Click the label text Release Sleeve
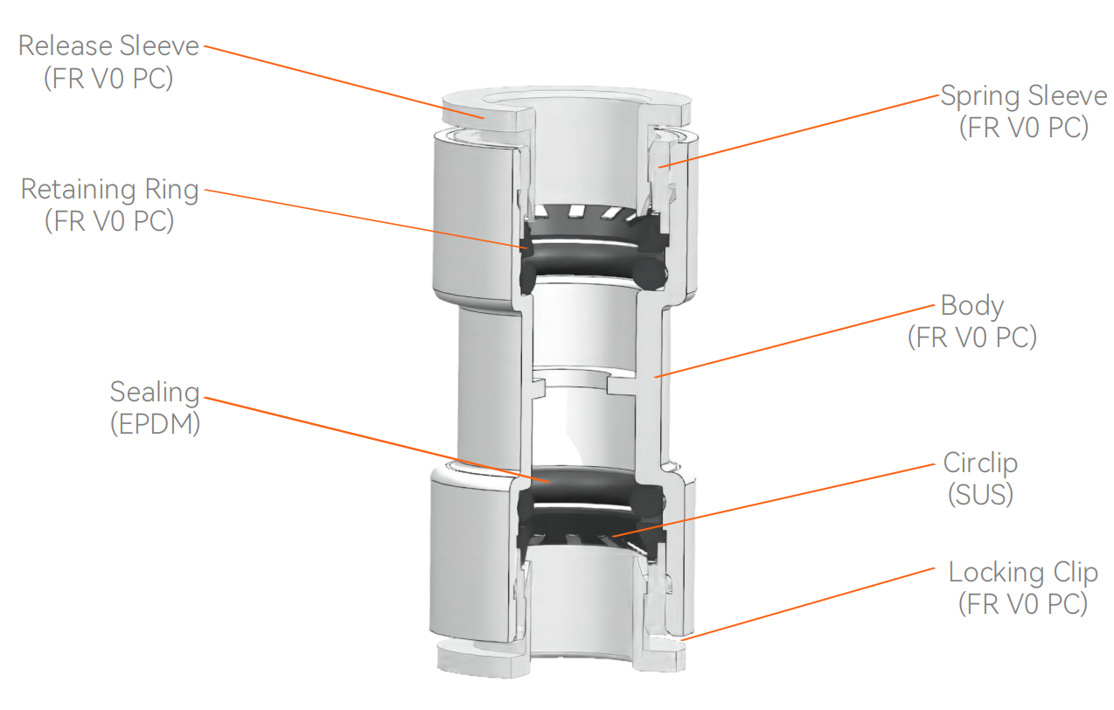click(108, 45)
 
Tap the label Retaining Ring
click(109, 189)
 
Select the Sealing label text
click(155, 392)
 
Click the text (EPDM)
click(155, 424)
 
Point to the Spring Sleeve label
click(1023, 95)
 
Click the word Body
click(972, 306)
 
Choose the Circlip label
click(980, 463)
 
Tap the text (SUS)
click(980, 495)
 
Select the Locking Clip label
click(1022, 573)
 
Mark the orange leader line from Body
click(796, 341)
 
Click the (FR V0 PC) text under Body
click(972, 338)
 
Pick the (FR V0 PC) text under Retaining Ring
click(109, 221)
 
